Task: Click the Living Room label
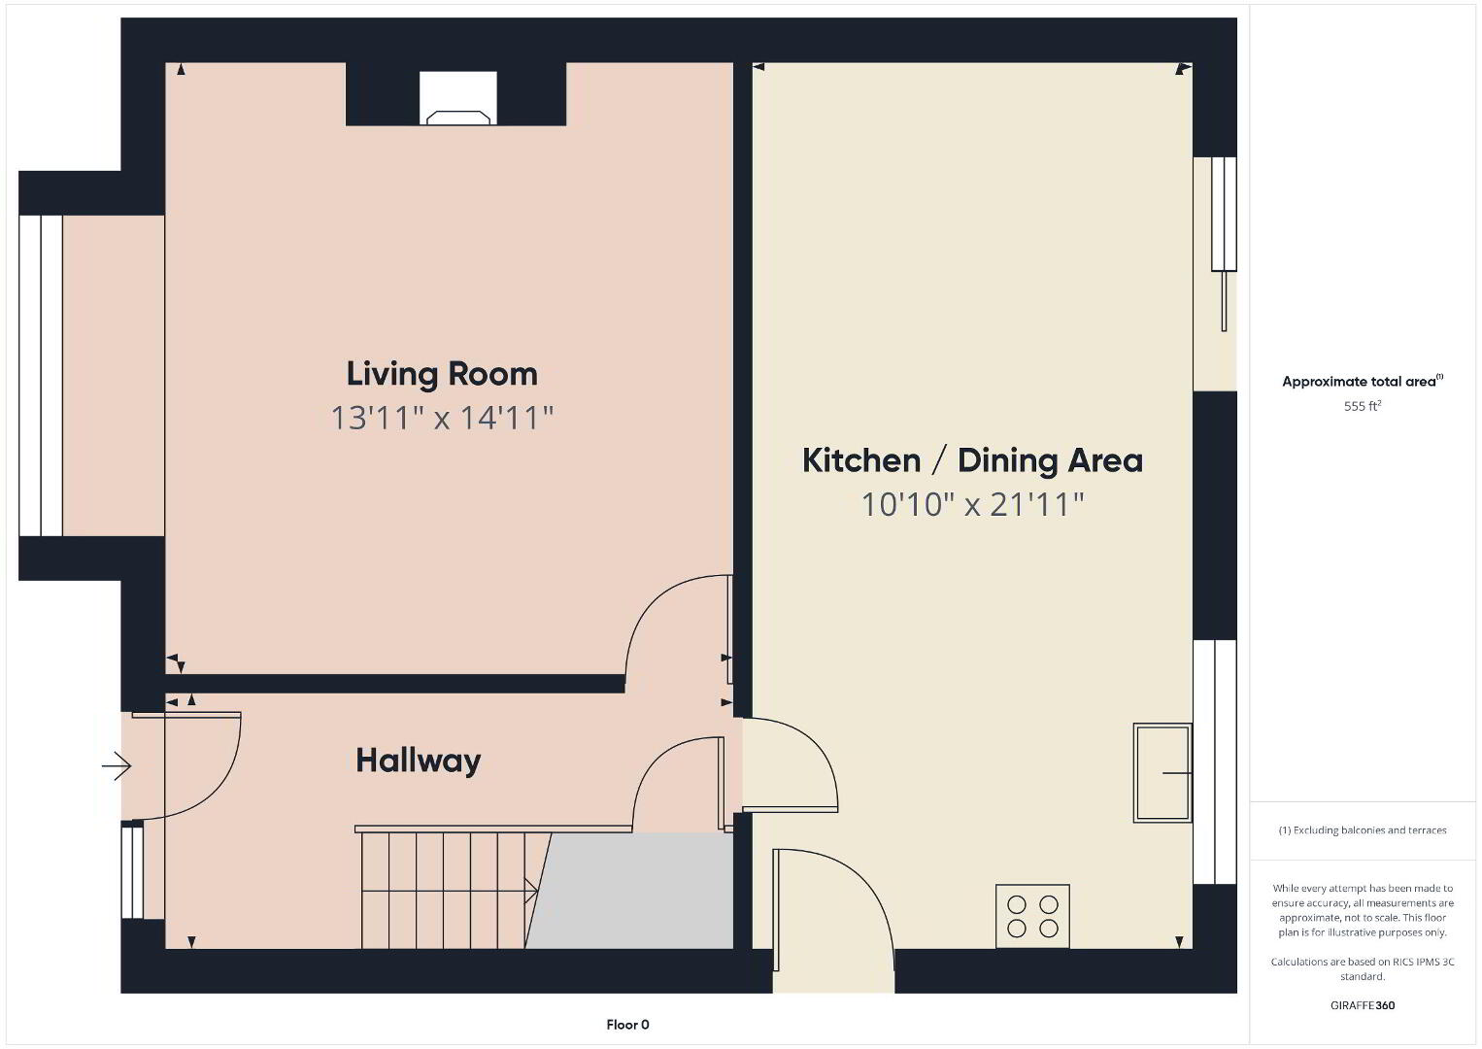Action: pyautogui.click(x=442, y=374)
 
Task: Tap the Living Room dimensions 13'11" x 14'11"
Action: pyautogui.click(x=442, y=419)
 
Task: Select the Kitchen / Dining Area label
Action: pyautogui.click(x=972, y=460)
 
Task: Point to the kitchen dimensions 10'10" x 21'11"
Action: pyautogui.click(x=972, y=504)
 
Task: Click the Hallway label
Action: pyautogui.click(x=419, y=761)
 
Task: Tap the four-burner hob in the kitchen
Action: pyautogui.click(x=1032, y=916)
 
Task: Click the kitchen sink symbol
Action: pyautogui.click(x=1162, y=773)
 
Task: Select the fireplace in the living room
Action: pyautogui.click(x=457, y=99)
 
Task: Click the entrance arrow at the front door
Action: pyautogui.click(x=117, y=766)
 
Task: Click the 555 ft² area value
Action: pyautogui.click(x=1363, y=406)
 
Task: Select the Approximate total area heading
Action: pyautogui.click(x=1363, y=381)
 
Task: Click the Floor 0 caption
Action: pyautogui.click(x=628, y=1025)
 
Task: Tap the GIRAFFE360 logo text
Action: pyautogui.click(x=1363, y=1005)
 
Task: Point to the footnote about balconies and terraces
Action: pyautogui.click(x=1363, y=829)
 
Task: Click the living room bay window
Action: pyautogui.click(x=41, y=375)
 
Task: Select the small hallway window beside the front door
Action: pyautogui.click(x=132, y=869)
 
